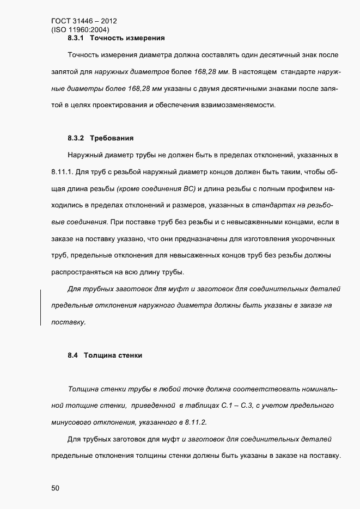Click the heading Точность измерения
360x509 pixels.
127,39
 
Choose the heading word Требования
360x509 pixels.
112,138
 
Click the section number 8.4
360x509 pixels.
73,355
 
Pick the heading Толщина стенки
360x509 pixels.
113,355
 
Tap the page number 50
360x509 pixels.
56,488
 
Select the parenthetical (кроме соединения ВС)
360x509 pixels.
152,189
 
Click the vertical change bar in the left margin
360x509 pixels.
41,308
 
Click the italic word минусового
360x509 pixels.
71,422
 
